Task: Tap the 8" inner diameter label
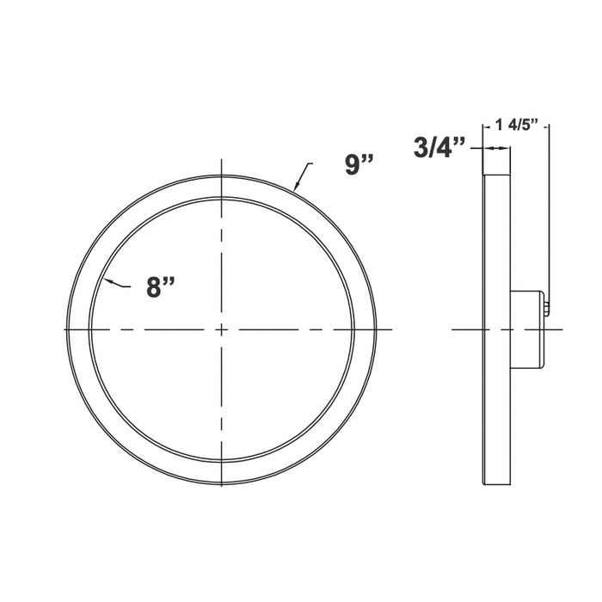[162, 286]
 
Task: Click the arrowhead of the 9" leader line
[296, 187]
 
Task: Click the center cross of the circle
[222, 329]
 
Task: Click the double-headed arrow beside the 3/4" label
[496, 148]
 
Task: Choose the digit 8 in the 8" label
[156, 287]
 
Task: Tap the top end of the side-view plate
[496, 175]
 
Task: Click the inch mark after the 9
[368, 158]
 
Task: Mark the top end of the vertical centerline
[222, 163]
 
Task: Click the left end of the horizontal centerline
[66, 329]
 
